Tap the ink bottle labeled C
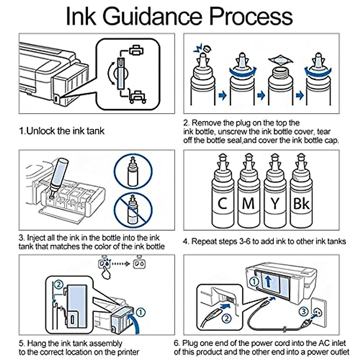222,195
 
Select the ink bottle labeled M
248,195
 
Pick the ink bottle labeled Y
274,195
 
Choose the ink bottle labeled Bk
301,195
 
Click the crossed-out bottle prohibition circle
133,210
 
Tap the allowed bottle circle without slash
133,172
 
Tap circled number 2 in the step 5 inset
59,284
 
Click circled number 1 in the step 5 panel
141,312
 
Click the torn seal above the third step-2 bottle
280,60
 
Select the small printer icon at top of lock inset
137,50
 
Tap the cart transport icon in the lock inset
138,96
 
